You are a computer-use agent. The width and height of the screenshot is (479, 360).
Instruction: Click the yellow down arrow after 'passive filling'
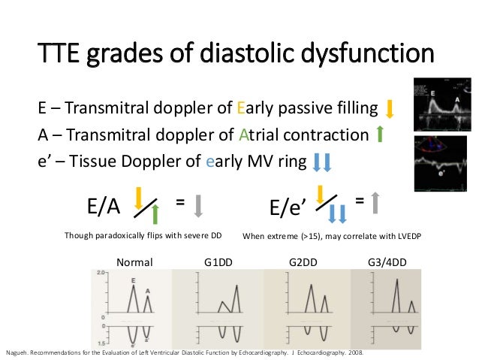coord(390,109)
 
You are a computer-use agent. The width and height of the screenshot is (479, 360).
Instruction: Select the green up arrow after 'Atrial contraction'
coord(380,135)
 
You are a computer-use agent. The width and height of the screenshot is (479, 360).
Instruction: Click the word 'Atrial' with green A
coord(258,135)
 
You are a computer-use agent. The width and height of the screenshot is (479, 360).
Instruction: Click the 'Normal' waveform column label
coord(134,262)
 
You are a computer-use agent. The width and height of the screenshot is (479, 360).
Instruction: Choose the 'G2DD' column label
coord(303,262)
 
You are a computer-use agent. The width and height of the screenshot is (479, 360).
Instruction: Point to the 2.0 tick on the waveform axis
coord(99,272)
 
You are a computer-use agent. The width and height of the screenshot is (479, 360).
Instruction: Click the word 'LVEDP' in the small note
coord(402,236)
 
